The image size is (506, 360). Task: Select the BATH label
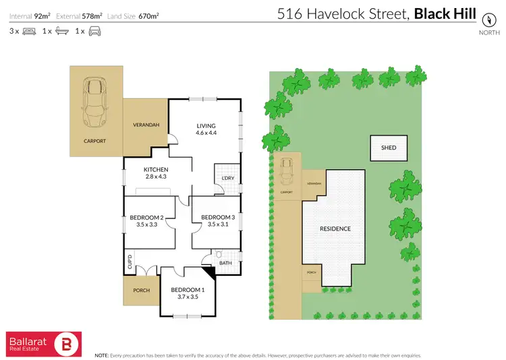point(225,263)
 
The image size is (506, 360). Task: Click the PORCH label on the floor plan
point(141,291)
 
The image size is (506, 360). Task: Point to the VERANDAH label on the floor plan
point(145,125)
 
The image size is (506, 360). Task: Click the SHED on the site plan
point(389,148)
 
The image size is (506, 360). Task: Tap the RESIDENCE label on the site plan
point(335,229)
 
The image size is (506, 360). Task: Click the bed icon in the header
point(29,31)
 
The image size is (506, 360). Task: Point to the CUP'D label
point(130,261)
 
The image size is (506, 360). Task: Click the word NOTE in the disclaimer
point(102,355)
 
